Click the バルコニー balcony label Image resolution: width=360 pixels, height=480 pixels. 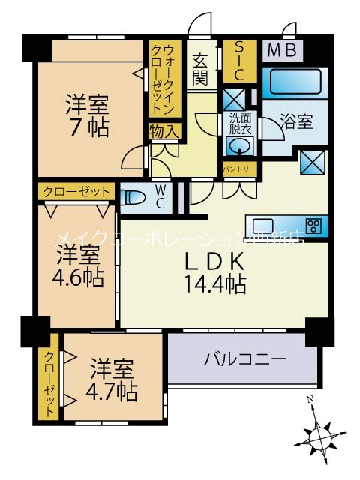245,359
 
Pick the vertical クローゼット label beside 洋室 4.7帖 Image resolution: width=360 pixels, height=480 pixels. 49,385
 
